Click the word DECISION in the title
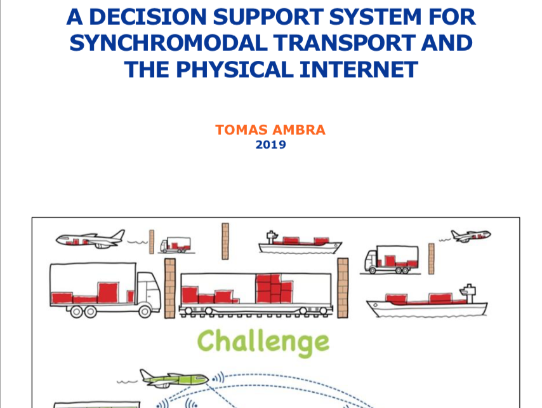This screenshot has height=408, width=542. pos(148,17)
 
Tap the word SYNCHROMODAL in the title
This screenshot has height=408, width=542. pos(168,43)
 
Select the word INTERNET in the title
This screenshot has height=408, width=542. pos(359,69)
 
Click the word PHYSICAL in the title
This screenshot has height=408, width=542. pos(235,69)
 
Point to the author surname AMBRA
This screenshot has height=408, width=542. pos(299,130)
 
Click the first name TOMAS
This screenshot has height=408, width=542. pos(242,130)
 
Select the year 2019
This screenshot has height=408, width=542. pos(270,145)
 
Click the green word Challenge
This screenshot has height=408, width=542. pos(263,343)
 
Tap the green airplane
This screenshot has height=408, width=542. pos(174,378)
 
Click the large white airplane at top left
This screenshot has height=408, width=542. pos(91,239)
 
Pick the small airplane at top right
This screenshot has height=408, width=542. pos(471,236)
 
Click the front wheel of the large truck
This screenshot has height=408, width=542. pos(145,312)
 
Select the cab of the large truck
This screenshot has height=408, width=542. pos(149,290)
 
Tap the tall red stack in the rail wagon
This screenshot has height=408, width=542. pos(274,289)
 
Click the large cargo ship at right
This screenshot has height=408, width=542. pos(428,301)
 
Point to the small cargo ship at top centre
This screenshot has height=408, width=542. pos(300,243)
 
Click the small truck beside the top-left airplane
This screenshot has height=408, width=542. pos(176,245)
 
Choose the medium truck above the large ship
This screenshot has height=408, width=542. pos(392,259)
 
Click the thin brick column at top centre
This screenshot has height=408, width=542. pos(225,241)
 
